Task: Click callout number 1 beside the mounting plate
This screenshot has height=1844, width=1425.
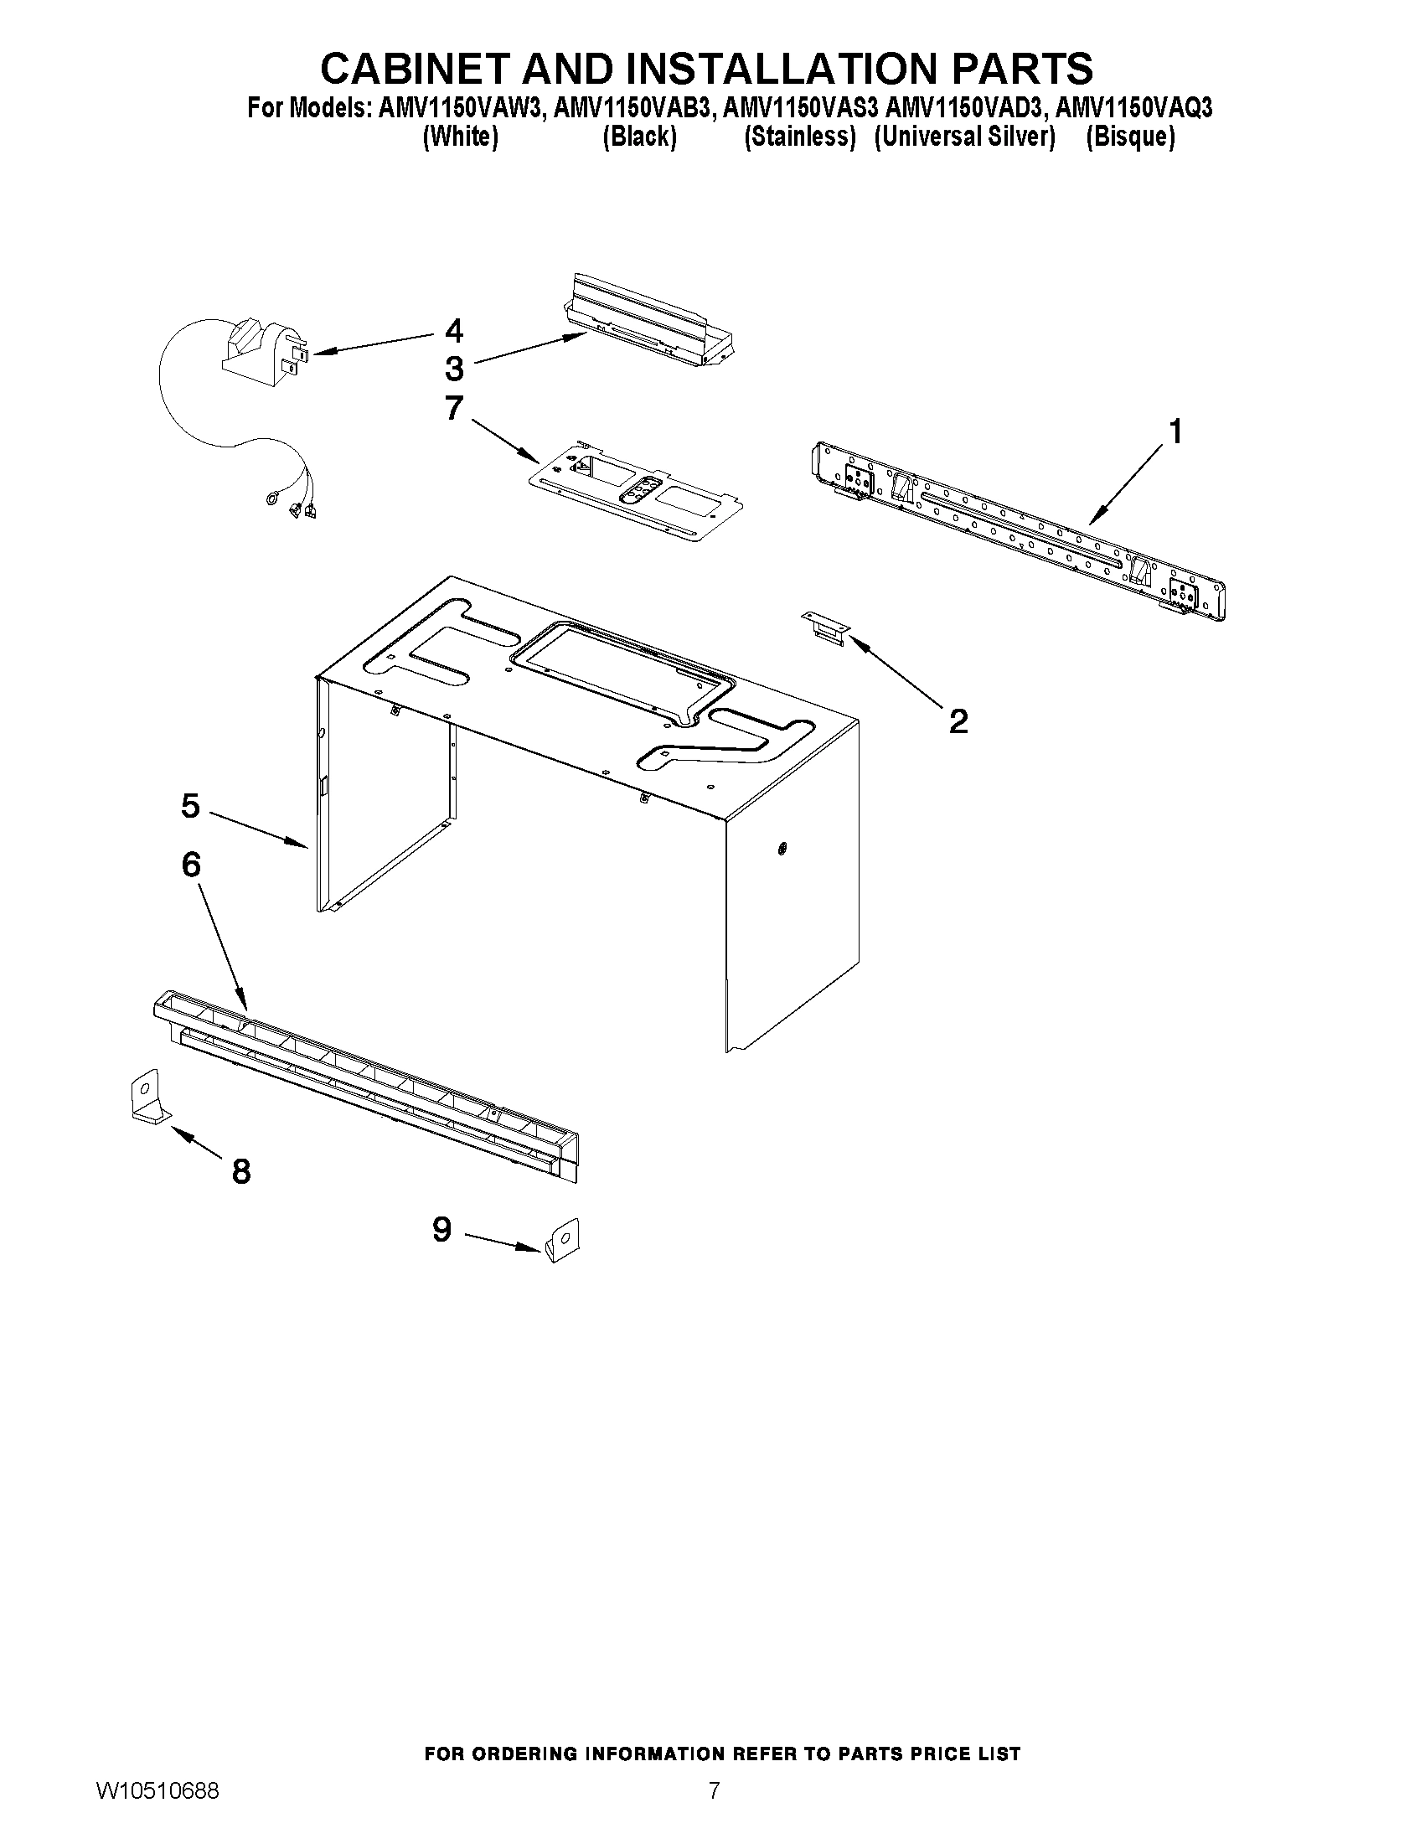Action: pos(1175,431)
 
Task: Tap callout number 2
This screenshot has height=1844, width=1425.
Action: pos(958,721)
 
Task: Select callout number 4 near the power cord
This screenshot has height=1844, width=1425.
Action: pos(454,330)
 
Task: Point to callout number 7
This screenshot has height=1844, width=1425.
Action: pos(454,409)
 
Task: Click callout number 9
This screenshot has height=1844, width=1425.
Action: pos(441,1229)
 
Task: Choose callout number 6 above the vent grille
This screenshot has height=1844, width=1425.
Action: pos(192,864)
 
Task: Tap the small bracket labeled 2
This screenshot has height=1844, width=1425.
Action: pos(824,628)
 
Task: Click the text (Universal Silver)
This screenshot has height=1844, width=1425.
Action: pos(964,136)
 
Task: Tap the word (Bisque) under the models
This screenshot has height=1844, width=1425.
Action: pos(1129,136)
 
